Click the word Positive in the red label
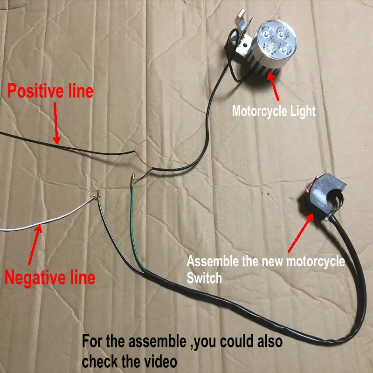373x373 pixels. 36,91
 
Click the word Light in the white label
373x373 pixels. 302,111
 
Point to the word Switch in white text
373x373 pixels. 204,278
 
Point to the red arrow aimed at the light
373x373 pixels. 274,87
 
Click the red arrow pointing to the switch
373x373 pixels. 301,233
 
